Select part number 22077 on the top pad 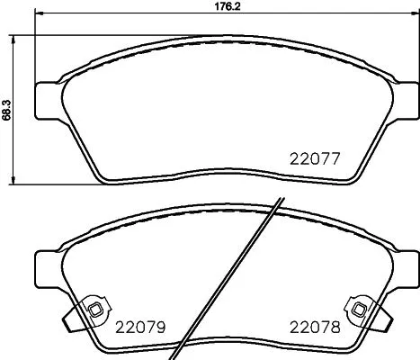(314, 159)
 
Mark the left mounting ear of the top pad (44, 98)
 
